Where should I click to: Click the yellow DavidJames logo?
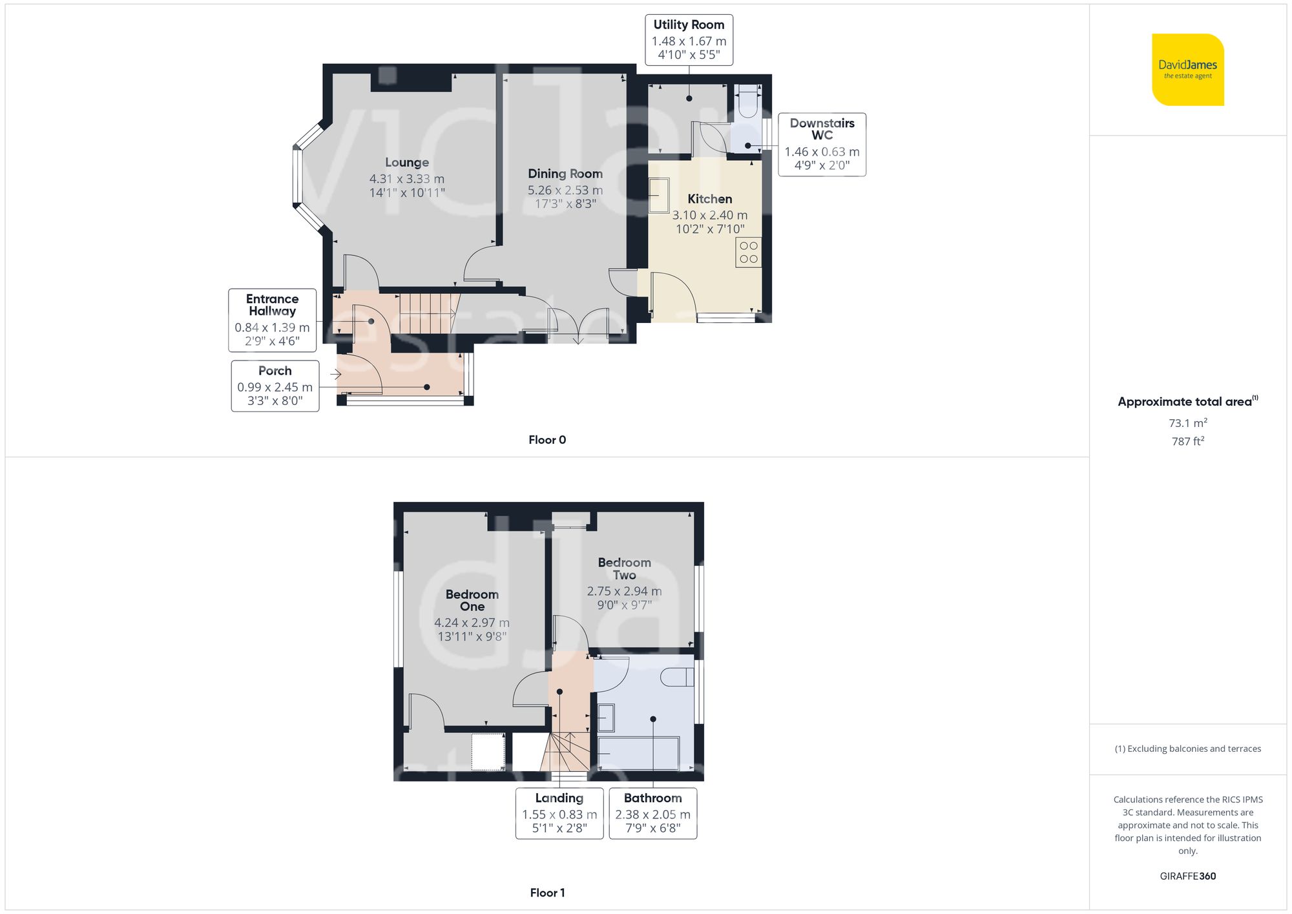1187,70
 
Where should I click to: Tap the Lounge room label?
407,163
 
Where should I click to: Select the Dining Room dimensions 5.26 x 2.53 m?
565,191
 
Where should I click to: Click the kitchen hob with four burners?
748,253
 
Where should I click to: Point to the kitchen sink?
659,195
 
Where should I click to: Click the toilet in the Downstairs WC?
748,102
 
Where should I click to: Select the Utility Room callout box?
689,40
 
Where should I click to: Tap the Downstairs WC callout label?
822,129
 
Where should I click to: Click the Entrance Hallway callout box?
272,320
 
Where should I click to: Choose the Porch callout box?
275,386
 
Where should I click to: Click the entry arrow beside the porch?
335,374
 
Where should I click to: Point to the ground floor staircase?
426,314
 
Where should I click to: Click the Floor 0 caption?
547,440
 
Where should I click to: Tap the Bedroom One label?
472,600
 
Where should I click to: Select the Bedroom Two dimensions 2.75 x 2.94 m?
624,592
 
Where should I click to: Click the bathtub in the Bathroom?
638,753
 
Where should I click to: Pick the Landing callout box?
559,813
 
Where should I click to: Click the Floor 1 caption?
547,893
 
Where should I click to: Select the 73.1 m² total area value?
1187,423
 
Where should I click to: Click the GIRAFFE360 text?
1187,877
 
